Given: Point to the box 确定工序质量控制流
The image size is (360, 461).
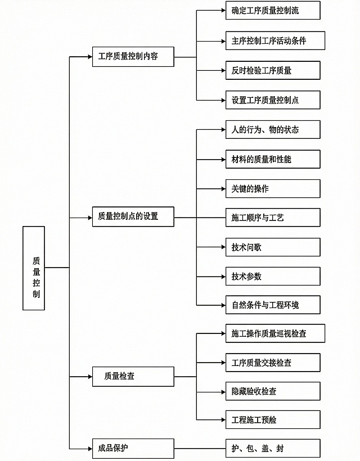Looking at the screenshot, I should point(273,11).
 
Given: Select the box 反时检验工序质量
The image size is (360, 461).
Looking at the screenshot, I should point(273,70).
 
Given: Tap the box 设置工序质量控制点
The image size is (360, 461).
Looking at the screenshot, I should point(273,100).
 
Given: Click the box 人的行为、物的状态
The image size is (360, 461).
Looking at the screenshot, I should point(273,130).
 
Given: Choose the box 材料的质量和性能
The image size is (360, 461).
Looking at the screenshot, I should point(273,159).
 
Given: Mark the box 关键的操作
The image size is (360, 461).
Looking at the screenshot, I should point(273,189).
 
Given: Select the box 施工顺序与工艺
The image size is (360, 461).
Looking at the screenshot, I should point(273,218).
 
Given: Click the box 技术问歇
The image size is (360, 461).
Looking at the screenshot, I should point(273,247).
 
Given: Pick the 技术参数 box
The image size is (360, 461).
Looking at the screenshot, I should point(273,277).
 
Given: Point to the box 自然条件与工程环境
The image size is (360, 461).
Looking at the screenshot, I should point(273,305).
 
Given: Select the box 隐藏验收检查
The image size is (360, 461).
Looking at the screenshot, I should point(273,391).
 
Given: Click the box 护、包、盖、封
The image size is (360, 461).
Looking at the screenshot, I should point(273,449).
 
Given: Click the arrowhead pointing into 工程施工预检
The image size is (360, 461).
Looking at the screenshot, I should point(222,420).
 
